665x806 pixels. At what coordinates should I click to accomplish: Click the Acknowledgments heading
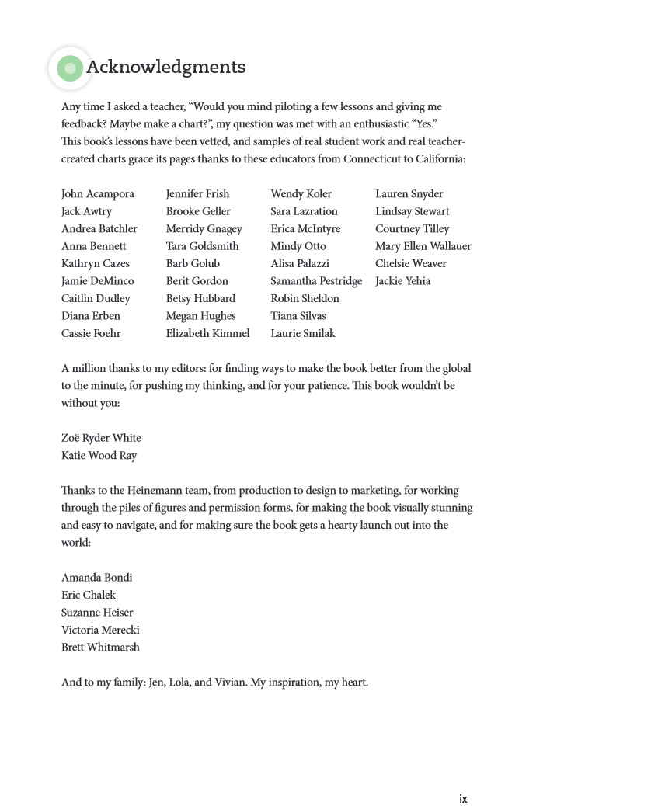click(x=165, y=68)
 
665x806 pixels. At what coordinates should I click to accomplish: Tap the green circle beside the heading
click(x=70, y=68)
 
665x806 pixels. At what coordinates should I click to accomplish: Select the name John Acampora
click(x=98, y=194)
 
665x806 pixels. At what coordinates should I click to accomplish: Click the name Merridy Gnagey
click(x=204, y=229)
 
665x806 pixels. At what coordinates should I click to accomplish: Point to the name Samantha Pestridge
click(x=316, y=281)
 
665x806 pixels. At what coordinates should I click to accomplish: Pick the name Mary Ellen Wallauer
click(x=423, y=246)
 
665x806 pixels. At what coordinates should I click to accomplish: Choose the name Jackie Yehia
click(x=402, y=281)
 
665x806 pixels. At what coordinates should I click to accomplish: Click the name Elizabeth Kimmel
click(x=207, y=333)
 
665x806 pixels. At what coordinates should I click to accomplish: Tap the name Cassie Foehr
click(x=91, y=333)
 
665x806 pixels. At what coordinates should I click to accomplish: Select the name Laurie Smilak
click(x=303, y=333)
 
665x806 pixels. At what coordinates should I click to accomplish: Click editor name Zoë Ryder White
click(x=101, y=438)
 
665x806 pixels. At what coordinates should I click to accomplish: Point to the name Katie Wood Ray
click(x=99, y=456)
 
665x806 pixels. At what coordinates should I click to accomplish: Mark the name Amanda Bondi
click(x=96, y=578)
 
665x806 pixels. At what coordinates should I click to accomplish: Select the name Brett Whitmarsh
click(x=100, y=648)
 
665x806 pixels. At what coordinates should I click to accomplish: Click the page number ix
click(x=463, y=799)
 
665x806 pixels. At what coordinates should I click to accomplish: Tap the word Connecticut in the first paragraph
click(x=371, y=159)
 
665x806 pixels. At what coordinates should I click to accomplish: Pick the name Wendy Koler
click(x=301, y=194)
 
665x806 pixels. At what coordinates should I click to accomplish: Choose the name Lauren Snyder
click(x=409, y=194)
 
